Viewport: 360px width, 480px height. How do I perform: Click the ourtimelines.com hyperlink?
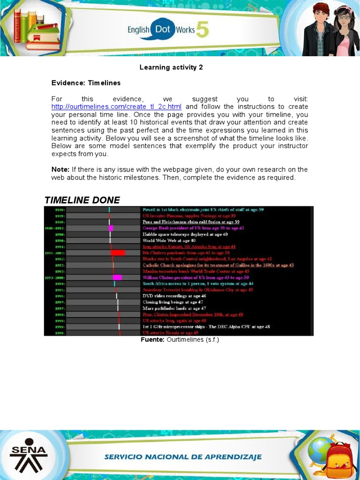click(x=116, y=107)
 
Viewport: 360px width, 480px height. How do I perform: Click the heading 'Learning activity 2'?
click(x=171, y=67)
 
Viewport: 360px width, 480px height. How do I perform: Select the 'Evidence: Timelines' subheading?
click(x=86, y=83)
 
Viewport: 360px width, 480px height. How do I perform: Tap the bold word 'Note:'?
click(x=60, y=169)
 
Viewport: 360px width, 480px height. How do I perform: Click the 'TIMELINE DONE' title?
click(x=82, y=200)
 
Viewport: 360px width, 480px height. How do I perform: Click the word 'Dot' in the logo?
click(x=162, y=30)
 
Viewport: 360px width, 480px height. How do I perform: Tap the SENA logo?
click(x=29, y=455)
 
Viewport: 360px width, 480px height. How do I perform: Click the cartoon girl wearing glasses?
click(x=345, y=30)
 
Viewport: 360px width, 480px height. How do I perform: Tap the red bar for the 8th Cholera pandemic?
click(x=118, y=253)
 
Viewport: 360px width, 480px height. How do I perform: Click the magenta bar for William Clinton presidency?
click(x=117, y=277)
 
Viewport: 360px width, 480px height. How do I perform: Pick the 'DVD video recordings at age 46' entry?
click(x=174, y=296)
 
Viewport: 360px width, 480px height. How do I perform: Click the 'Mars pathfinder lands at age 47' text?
click(x=174, y=308)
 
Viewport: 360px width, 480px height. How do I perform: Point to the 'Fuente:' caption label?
click(x=152, y=340)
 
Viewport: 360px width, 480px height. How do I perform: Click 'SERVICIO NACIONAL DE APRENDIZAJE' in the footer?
click(x=183, y=457)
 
